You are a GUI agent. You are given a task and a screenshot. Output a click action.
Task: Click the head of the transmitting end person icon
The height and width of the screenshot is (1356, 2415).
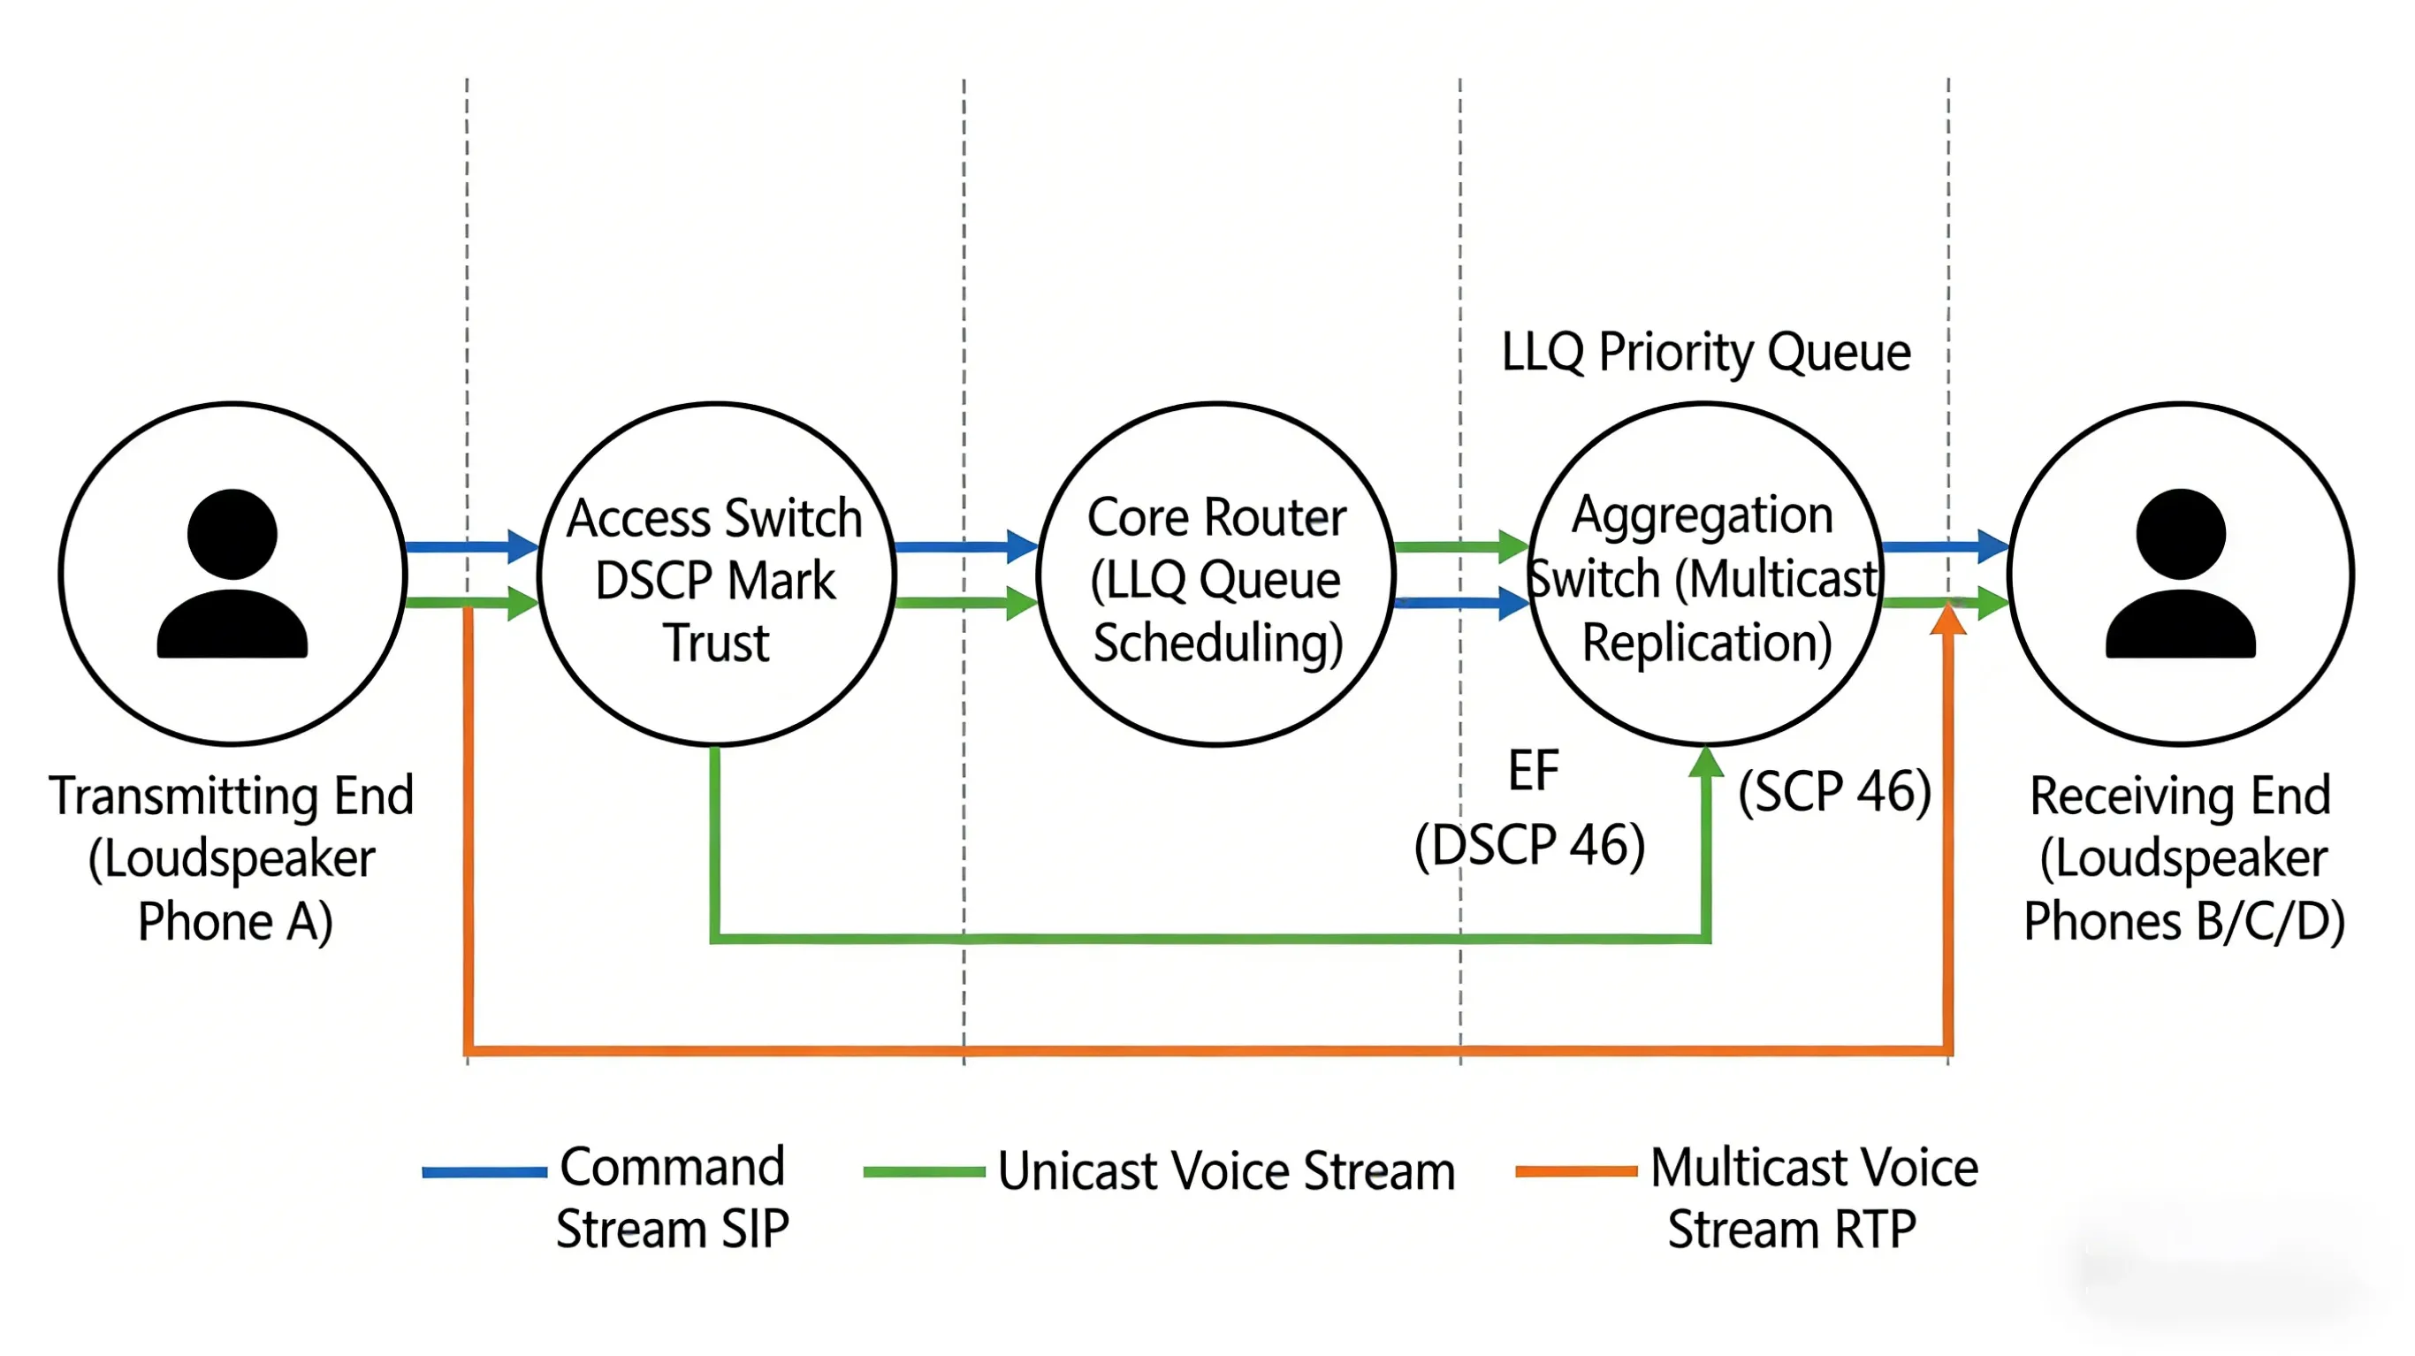pyautogui.click(x=232, y=534)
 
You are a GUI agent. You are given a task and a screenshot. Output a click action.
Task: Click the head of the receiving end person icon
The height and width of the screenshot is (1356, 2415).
pyautogui.click(x=2181, y=534)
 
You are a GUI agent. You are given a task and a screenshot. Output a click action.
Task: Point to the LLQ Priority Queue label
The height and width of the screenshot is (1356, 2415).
pyautogui.click(x=1705, y=353)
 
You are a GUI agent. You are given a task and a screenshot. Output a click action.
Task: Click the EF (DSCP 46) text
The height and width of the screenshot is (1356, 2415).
pyautogui.click(x=1531, y=811)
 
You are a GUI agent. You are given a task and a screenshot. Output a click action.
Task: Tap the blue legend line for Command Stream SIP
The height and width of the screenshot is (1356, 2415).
pyautogui.click(x=484, y=1172)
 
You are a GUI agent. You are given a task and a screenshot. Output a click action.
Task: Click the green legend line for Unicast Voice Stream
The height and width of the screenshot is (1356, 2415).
pyautogui.click(x=925, y=1172)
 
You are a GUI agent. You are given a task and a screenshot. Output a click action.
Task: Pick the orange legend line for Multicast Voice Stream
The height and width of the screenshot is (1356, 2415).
pyautogui.click(x=1576, y=1171)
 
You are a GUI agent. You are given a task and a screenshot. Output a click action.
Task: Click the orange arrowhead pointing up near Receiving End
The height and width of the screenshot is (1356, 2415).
pyautogui.click(x=1948, y=621)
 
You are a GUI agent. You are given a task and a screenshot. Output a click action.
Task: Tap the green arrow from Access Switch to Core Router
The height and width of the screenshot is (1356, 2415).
pyautogui.click(x=965, y=603)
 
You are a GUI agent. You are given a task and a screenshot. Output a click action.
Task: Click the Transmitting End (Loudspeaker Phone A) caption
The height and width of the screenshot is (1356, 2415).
pyautogui.click(x=232, y=859)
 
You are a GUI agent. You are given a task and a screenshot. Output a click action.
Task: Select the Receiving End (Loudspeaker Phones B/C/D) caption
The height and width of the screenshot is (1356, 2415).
pyautogui.click(x=2183, y=859)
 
